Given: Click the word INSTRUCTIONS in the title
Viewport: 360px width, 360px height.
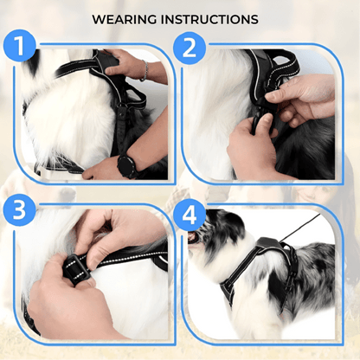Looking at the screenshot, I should coord(215,18).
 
